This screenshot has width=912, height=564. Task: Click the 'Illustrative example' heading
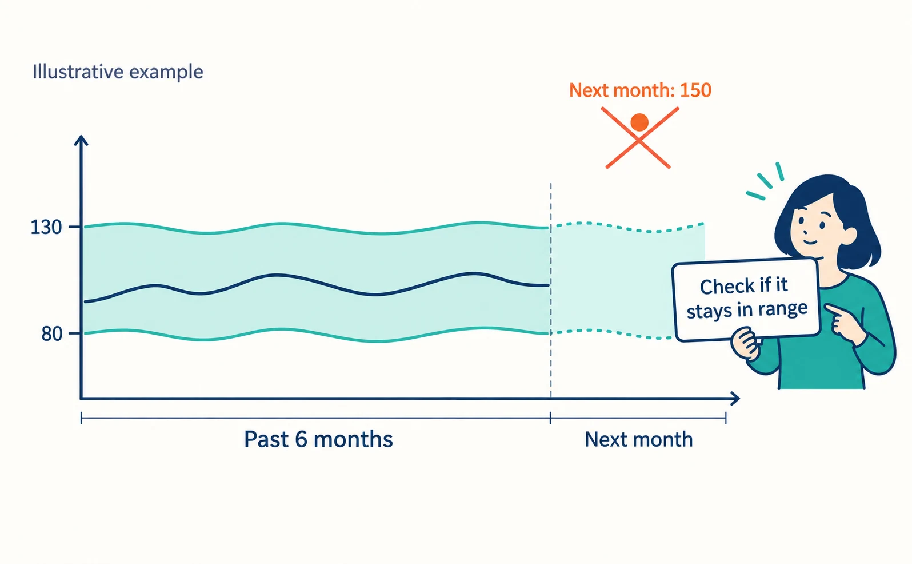coord(118,72)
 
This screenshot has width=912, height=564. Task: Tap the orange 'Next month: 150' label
coord(640,90)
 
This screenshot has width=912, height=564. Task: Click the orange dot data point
coord(639,122)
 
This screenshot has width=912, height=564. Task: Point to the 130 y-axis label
coord(46,227)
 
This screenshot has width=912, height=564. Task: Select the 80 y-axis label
coord(51,334)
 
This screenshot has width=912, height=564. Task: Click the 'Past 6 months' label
coord(318,439)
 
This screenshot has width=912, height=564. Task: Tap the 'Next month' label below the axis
coord(638,439)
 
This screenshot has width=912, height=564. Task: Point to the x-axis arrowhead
coord(734,399)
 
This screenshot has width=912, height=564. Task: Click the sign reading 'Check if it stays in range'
coord(746,300)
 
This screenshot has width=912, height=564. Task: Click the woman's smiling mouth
coord(810,243)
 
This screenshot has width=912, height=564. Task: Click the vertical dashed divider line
coord(550,290)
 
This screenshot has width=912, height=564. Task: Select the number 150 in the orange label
coord(695,90)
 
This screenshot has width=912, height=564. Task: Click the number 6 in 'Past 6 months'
coord(301,439)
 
